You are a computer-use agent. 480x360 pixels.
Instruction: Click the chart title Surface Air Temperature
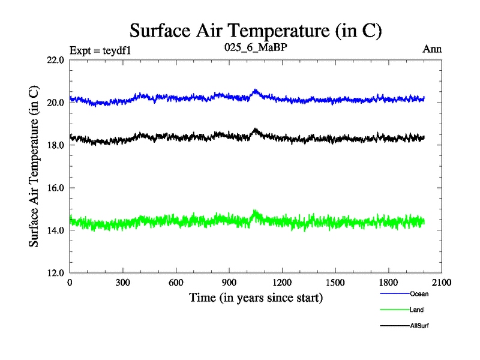coord(256,30)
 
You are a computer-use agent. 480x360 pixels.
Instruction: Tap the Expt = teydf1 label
coord(100,50)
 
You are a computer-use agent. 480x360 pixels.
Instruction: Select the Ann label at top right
coord(432,49)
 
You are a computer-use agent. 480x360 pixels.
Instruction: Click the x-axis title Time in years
coord(256,298)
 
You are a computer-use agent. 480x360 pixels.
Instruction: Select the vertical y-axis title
coord(35,166)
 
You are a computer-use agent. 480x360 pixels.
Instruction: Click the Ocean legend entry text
coord(419,294)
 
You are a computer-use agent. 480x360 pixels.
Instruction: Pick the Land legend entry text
coord(417,310)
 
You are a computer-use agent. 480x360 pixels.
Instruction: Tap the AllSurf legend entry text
coord(420,325)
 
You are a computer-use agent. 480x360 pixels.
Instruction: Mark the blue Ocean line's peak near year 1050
coord(256,91)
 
